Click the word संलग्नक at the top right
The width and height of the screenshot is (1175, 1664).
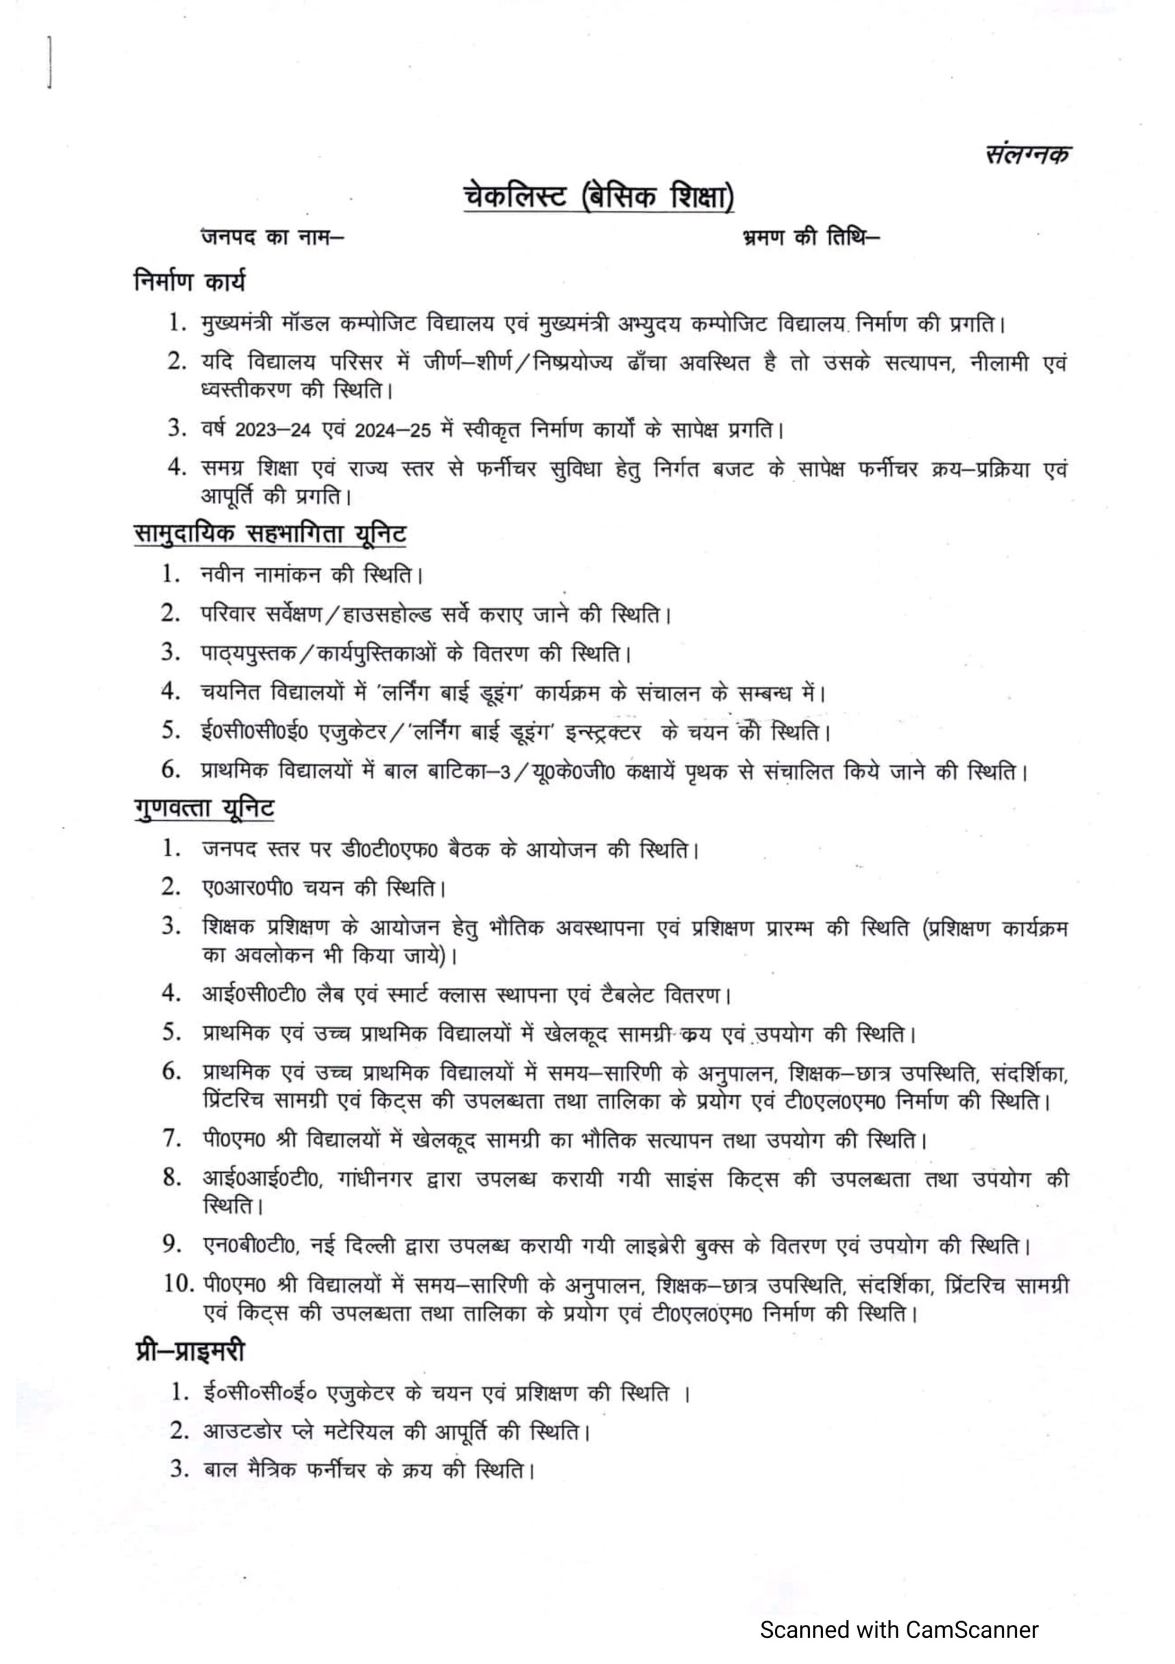pos(1027,154)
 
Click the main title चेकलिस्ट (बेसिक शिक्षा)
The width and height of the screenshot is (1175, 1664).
pos(598,197)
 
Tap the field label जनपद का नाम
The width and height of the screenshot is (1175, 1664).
pos(272,237)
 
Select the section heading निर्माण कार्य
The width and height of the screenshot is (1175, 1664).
pos(190,280)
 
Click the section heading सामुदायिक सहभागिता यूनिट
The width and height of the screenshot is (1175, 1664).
pos(270,534)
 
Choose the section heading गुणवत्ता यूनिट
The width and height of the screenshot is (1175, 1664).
pos(205,808)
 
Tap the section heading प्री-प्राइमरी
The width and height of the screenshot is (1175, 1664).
pos(190,1351)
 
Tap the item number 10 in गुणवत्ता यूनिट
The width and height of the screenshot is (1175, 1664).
pos(178,1285)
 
